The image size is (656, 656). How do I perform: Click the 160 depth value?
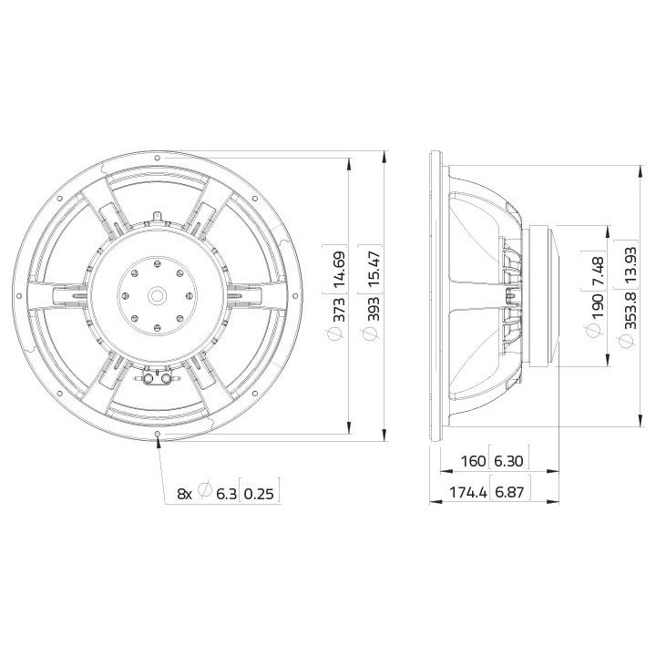click(473, 461)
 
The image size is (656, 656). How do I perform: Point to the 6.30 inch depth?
click(509, 461)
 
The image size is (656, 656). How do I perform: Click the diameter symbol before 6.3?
click(204, 492)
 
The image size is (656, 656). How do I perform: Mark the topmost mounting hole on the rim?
click(159, 158)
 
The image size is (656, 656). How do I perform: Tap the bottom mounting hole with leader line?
click(159, 432)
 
